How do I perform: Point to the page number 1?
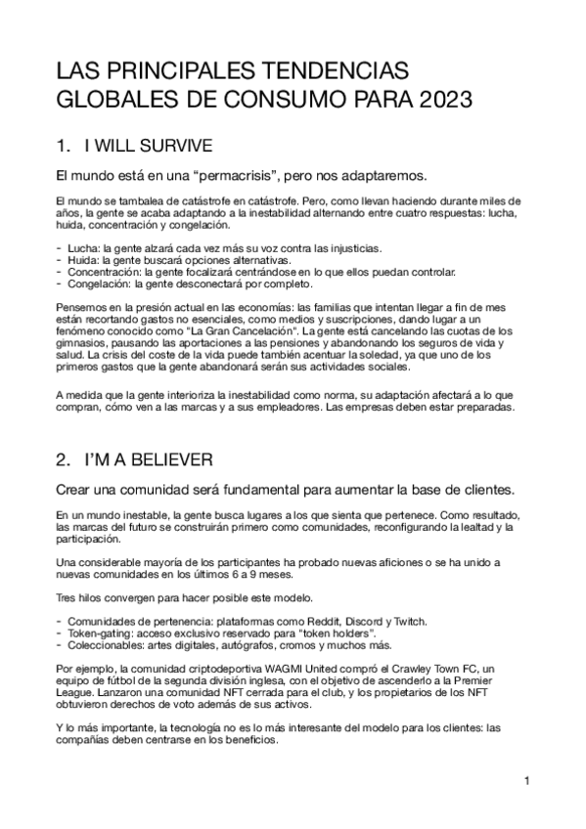pos(526,781)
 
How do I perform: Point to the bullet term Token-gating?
pos(101,633)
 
